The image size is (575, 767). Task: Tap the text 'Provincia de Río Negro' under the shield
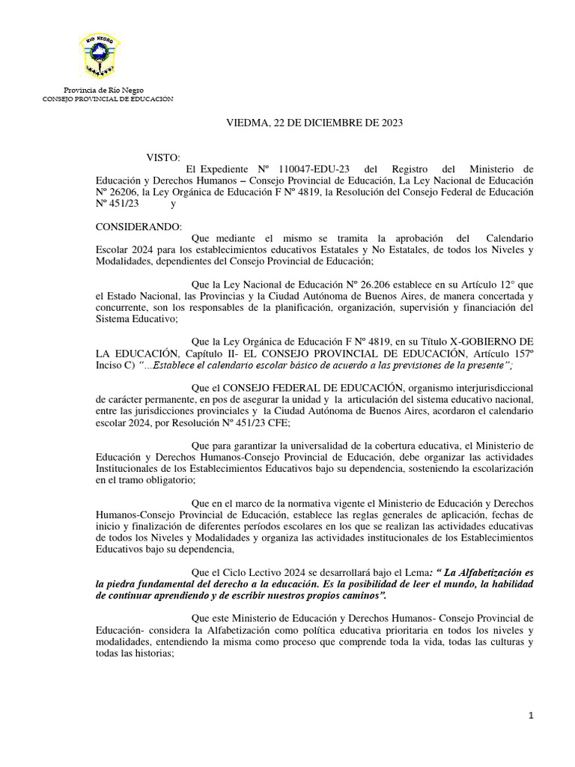click(103, 90)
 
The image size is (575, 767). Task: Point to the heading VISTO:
click(162, 157)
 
